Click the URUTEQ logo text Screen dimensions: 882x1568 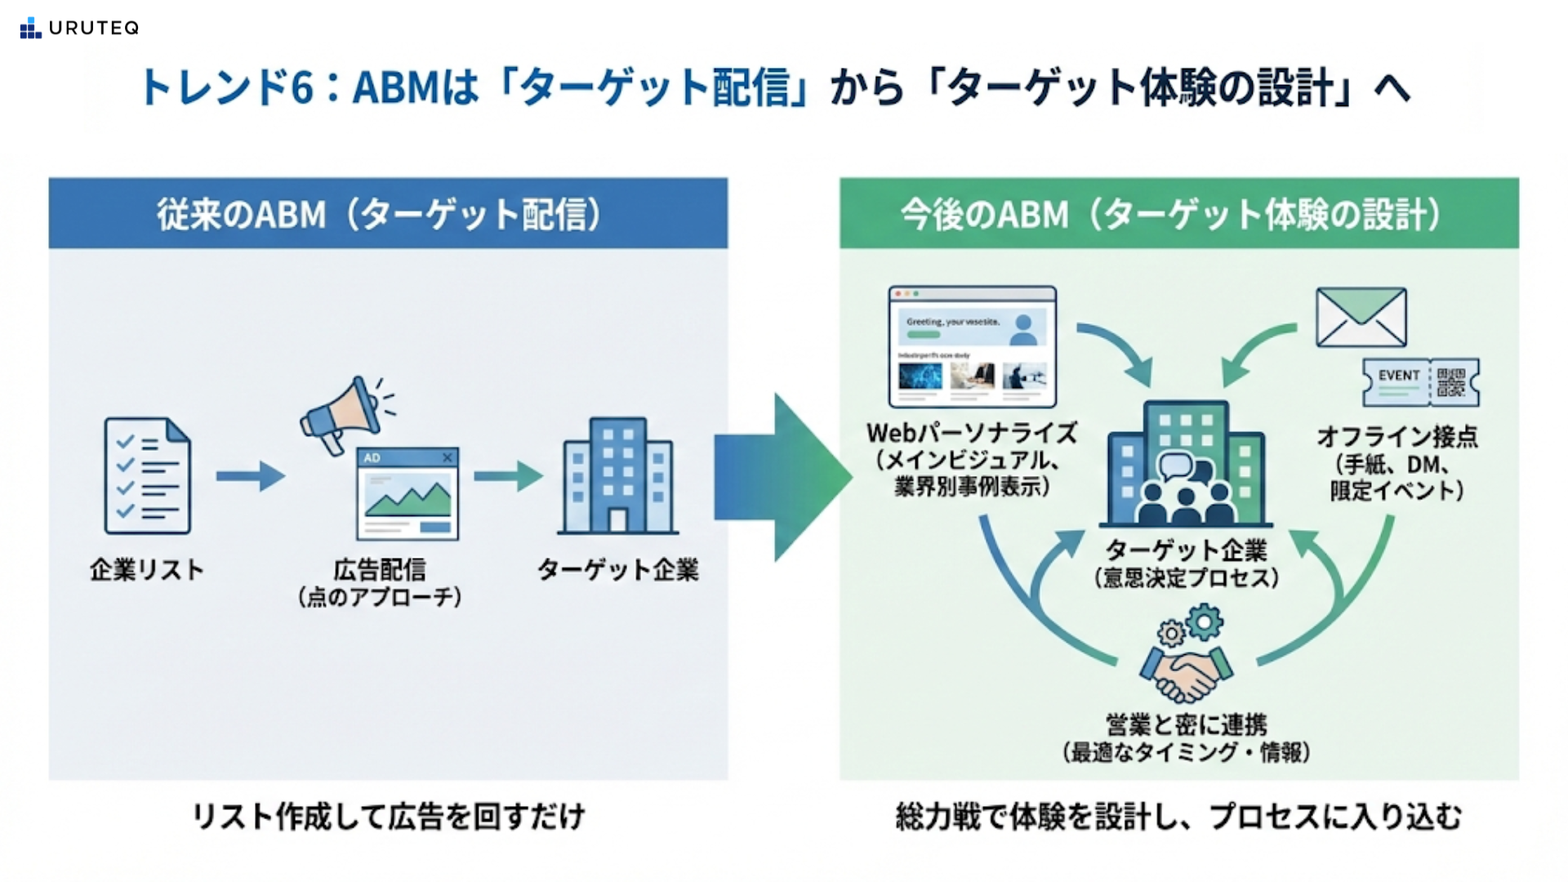93,28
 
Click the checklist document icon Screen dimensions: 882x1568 147,476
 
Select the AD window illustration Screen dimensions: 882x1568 408,493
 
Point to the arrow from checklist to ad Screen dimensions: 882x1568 250,475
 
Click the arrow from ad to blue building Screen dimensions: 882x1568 507,475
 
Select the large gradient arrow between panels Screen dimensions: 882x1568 780,478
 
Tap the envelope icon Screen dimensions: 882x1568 1361,317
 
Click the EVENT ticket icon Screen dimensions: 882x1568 1420,382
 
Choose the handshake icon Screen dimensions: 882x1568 1187,671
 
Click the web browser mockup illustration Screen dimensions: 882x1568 972,346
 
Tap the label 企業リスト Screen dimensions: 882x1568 147,569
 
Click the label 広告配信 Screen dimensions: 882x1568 380,569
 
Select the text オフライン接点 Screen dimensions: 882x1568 1397,437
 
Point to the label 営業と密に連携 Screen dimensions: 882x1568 1187,724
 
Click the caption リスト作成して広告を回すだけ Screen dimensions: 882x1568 388,817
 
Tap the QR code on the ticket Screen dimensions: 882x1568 1451,382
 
